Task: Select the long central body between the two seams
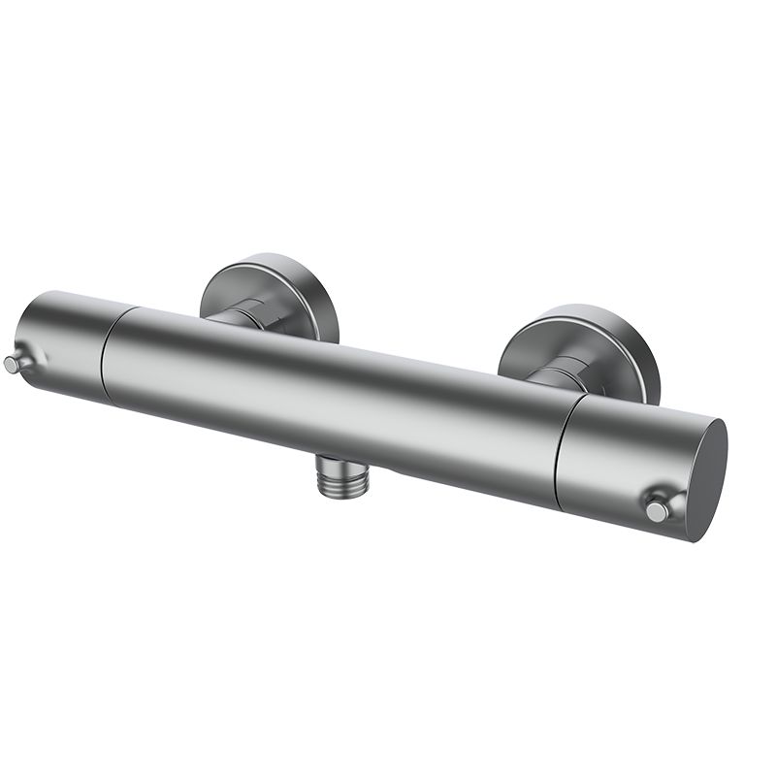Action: [330, 398]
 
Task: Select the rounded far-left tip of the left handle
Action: [21, 335]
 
